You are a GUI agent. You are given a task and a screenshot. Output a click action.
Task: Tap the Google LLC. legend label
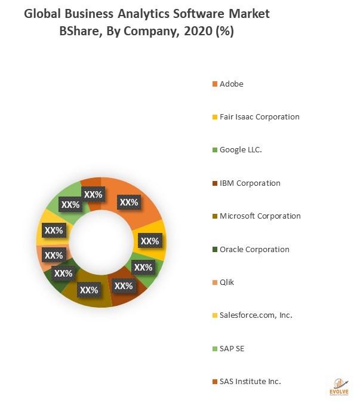(241, 149)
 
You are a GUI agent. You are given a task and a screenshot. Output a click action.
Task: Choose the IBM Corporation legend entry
(250, 183)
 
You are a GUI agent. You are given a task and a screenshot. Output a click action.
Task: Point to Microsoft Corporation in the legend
(260, 216)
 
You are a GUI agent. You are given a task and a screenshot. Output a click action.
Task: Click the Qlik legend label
(227, 282)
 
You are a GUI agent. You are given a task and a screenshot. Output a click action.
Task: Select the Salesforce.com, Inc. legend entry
(256, 315)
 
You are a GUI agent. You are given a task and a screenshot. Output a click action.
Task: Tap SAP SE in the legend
(231, 348)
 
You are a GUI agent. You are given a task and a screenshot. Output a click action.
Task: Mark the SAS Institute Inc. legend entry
(250, 381)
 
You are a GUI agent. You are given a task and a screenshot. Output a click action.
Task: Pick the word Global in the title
(41, 13)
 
